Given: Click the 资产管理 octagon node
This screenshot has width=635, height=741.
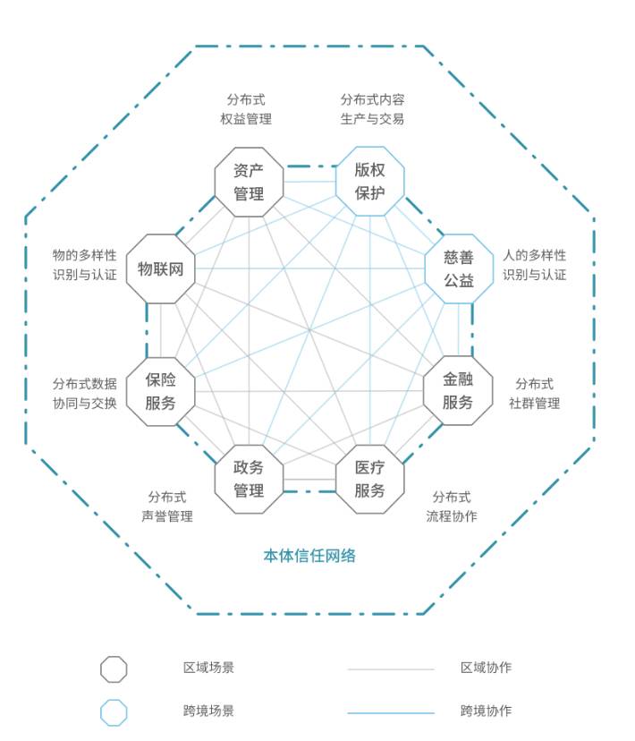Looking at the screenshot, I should pos(249,182).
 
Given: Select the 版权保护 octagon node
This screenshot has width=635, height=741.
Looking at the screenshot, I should pos(369,181).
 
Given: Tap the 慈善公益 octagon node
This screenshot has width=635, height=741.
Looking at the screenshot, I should pos(458,268).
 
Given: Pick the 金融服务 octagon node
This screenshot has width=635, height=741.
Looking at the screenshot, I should pos(457,391).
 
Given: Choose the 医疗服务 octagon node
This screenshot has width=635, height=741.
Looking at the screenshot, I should pos(369,479).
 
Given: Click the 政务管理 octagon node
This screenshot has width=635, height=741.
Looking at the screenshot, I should pos(249,479).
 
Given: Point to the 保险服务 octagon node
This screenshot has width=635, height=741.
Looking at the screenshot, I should pos(161,391).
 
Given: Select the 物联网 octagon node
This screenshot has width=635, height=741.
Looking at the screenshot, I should pos(161,268).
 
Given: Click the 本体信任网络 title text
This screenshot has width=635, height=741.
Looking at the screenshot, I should pos(309,556).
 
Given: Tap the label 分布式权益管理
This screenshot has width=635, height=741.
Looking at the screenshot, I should pos(246,109).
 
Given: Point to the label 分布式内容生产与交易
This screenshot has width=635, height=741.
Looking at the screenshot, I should pos(372,109).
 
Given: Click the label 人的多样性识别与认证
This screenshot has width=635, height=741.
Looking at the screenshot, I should pos(535,265).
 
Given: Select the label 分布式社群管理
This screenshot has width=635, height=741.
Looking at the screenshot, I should pos(535,394).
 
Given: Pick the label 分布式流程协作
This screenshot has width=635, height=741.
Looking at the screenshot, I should pos(452,507).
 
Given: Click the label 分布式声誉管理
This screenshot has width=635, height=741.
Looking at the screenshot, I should pos(167,507).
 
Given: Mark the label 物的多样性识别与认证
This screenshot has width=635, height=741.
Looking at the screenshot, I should pos(84,265).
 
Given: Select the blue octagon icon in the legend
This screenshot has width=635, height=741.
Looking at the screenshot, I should pos(114,712).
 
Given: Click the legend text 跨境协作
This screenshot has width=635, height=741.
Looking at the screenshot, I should pos(487,711).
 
